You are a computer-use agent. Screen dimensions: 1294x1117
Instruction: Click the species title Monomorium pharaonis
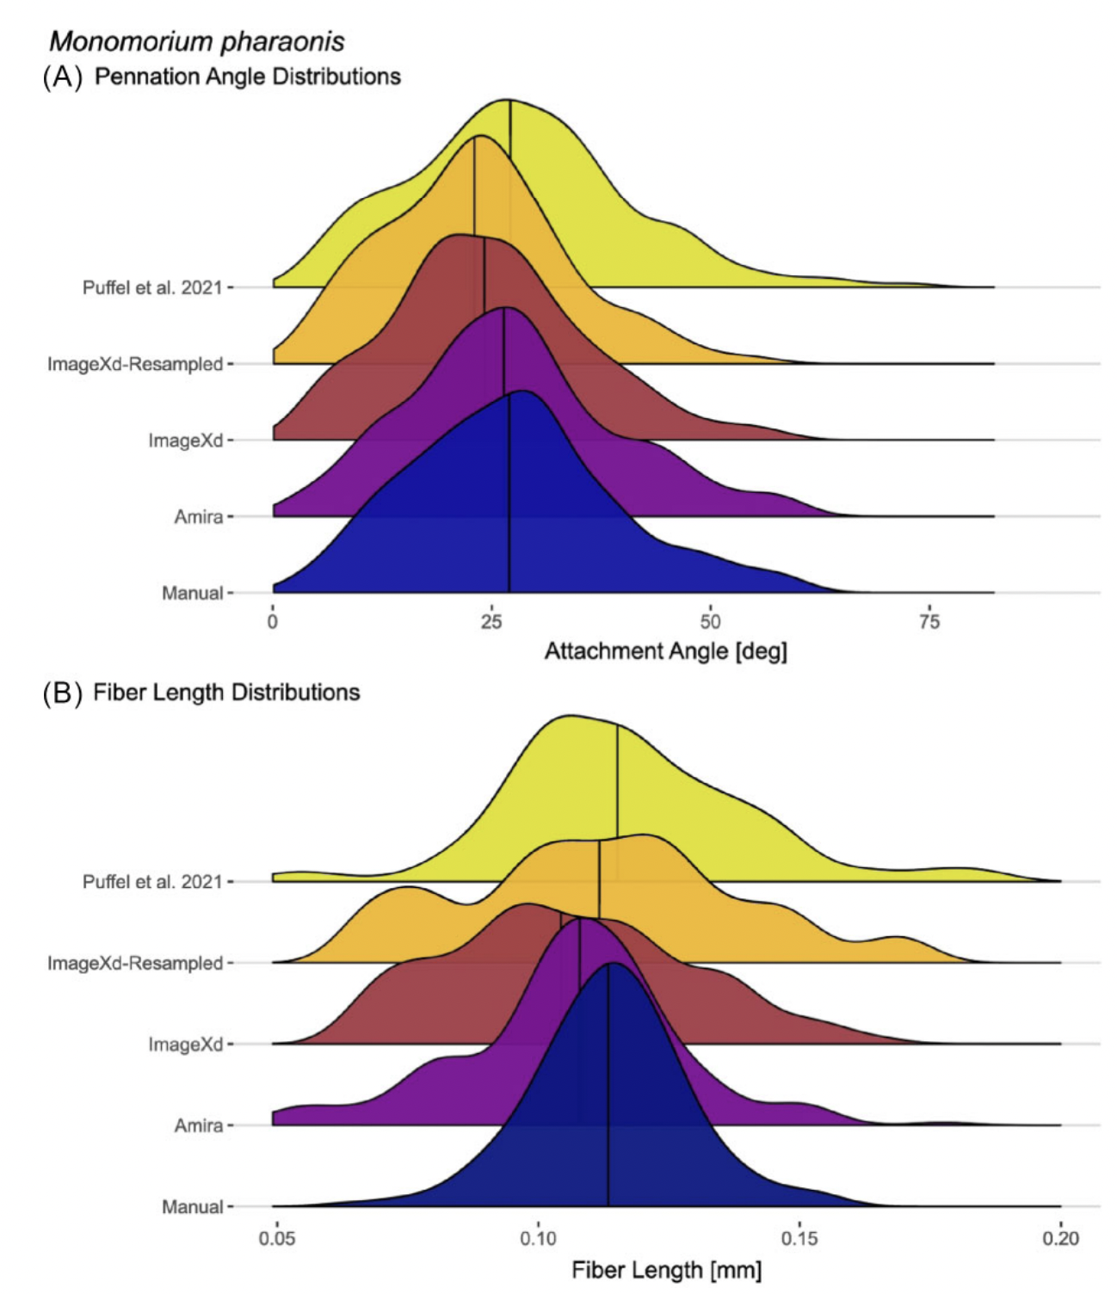pos(197,41)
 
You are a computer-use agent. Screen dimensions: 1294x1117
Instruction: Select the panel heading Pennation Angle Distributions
pos(248,77)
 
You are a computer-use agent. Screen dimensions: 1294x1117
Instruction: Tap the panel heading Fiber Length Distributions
pos(226,693)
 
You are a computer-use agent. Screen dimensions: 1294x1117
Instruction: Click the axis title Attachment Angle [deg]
pos(666,651)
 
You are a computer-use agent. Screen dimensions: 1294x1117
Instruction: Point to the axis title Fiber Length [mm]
pos(666,1269)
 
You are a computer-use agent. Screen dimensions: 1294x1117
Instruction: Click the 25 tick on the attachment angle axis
pos(491,621)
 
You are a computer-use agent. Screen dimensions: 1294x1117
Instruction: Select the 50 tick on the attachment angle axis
pos(710,621)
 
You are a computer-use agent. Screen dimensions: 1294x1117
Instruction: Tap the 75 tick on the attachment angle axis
pos(929,621)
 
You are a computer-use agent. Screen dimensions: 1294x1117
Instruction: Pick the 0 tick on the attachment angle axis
pos(273,621)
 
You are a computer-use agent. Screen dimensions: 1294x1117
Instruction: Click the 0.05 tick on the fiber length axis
pos(276,1239)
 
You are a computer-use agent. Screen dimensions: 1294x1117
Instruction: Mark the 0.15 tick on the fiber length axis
pos(799,1239)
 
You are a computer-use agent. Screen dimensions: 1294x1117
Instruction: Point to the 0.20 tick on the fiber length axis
pos(1060,1239)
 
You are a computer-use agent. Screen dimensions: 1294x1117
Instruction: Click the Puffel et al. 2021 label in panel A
pos(152,287)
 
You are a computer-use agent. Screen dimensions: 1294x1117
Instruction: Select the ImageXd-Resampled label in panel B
pos(135,963)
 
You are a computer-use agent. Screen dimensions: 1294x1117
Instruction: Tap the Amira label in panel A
pos(199,517)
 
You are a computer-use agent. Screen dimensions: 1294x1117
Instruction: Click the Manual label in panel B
pos(193,1207)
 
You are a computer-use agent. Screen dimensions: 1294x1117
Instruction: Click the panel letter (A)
pos(63,77)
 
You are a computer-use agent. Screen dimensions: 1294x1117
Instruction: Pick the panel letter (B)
pos(63,693)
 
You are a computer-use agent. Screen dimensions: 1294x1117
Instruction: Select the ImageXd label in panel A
pos(186,441)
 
